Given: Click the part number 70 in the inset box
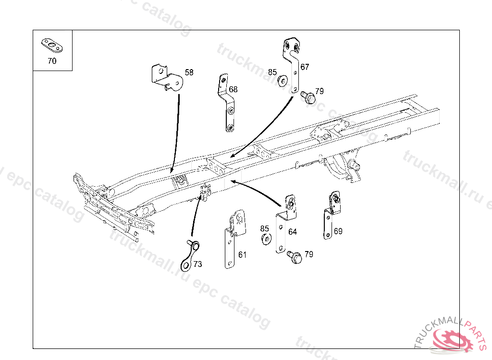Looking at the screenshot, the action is click(52, 61).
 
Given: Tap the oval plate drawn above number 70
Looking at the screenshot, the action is click(52, 46).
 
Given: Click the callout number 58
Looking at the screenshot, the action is click(189, 72).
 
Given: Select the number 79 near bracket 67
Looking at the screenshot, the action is click(319, 91).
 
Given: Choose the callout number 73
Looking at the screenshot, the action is click(197, 264).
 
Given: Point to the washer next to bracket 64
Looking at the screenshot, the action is click(265, 239).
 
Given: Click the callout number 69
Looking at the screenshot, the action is click(338, 231).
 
